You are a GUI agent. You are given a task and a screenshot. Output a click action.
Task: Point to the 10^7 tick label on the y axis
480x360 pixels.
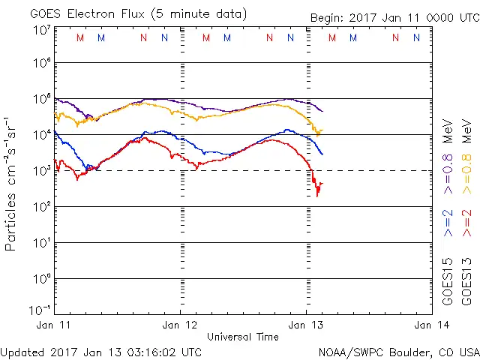[x=41, y=30]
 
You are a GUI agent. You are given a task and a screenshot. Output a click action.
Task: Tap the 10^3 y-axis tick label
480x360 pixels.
[x=41, y=171]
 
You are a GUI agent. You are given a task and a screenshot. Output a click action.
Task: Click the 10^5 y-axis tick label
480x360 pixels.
[x=41, y=99]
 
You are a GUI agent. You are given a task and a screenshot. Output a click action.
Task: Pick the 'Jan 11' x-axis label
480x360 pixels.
[x=55, y=325]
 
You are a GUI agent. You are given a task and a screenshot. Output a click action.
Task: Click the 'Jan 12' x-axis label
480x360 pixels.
[x=180, y=325]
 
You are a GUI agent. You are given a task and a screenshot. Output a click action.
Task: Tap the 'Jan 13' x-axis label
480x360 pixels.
[x=306, y=325]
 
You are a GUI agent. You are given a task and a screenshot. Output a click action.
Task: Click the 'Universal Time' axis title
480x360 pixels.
[x=243, y=337]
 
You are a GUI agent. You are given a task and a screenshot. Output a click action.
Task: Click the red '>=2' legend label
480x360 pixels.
[x=466, y=223]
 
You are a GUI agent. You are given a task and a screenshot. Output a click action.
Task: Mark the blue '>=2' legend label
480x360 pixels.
[x=448, y=223]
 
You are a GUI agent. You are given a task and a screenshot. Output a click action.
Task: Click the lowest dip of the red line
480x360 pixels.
[x=317, y=195]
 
